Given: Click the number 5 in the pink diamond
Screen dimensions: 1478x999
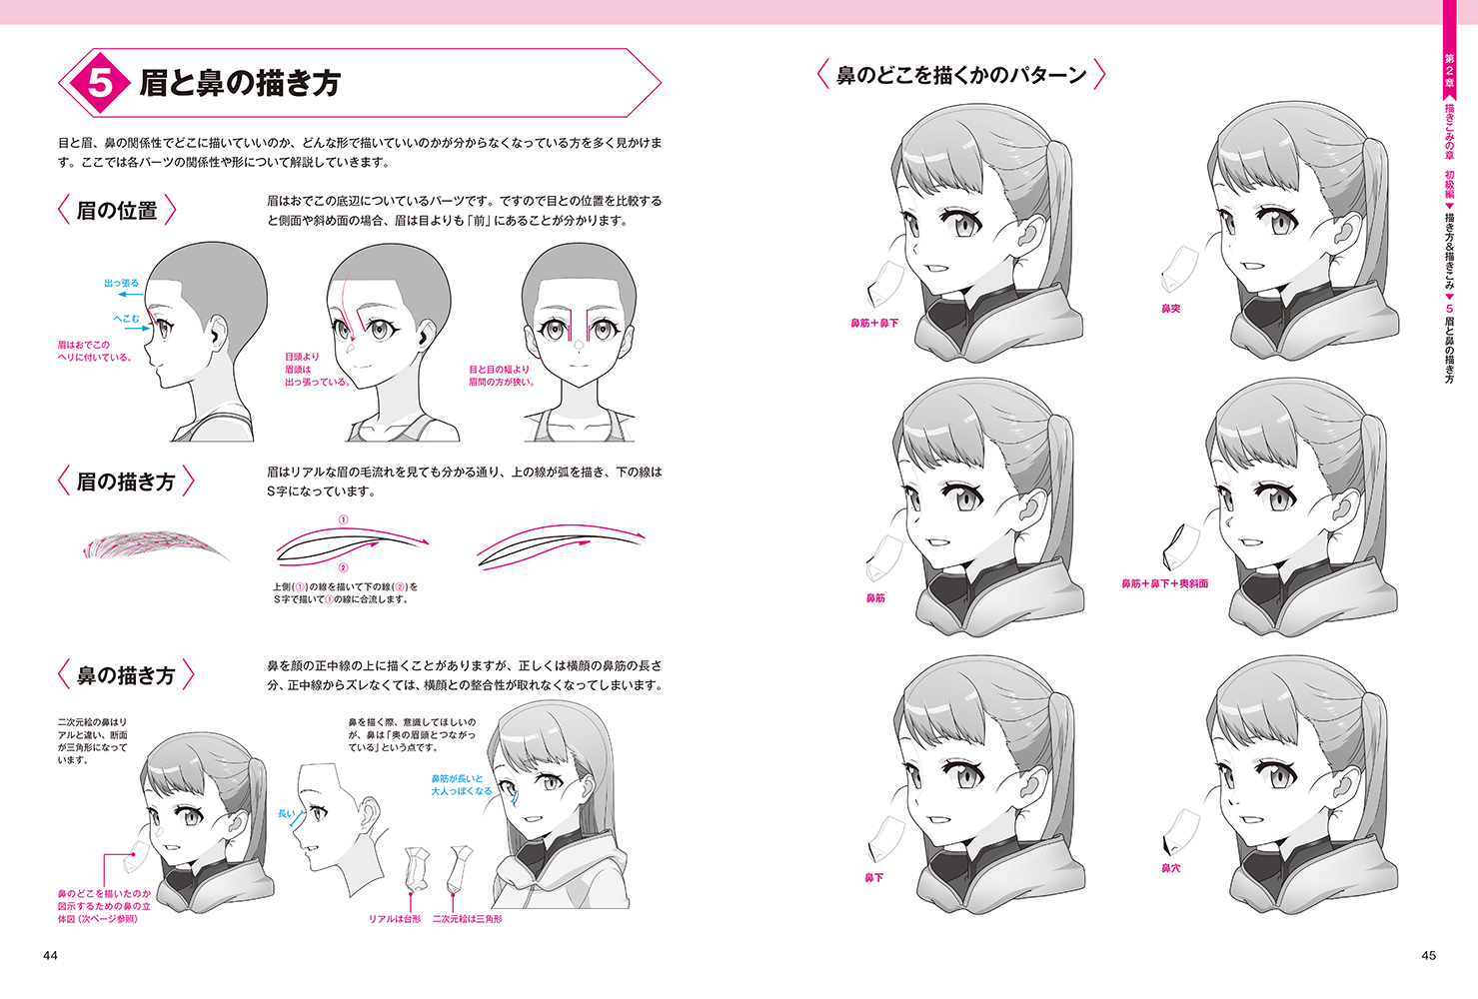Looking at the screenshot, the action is pyautogui.click(x=100, y=83).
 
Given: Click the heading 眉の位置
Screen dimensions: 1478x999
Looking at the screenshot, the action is pyautogui.click(x=117, y=211).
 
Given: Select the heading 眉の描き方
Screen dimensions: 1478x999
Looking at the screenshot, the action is pyautogui.click(x=125, y=482).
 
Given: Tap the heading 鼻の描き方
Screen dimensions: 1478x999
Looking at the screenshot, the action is pyautogui.click(x=125, y=675).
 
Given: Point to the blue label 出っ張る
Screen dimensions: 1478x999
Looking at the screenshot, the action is pyautogui.click(x=121, y=283).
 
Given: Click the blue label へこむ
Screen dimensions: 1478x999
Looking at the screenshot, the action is pyautogui.click(x=126, y=319).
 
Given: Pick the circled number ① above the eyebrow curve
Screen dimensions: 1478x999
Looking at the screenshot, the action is pyautogui.click(x=343, y=519).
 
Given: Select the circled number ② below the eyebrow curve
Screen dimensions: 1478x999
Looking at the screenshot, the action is pyautogui.click(x=343, y=567).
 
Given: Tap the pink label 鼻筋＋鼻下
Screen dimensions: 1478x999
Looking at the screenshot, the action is pyautogui.click(x=874, y=323).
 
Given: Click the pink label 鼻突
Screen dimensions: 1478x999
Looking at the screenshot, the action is pyautogui.click(x=1170, y=309).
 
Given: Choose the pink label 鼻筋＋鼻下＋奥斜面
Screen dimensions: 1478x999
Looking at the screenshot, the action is pyautogui.click(x=1164, y=583).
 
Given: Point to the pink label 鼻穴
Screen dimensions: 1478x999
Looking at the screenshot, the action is pyautogui.click(x=1170, y=868).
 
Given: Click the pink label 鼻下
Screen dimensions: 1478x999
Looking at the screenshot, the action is pyautogui.click(x=873, y=878).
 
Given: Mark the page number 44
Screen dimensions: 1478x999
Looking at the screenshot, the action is pyautogui.click(x=50, y=955).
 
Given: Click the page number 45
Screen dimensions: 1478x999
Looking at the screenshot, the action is pyautogui.click(x=1428, y=955).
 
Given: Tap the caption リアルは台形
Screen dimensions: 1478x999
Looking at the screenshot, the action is pyautogui.click(x=395, y=918).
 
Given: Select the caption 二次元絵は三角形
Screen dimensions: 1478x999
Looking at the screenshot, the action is pyautogui.click(x=467, y=918).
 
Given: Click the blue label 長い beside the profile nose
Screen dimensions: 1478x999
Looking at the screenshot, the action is pyautogui.click(x=286, y=814).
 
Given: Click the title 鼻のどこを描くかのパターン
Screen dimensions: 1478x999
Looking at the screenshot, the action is pyautogui.click(x=961, y=75).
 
